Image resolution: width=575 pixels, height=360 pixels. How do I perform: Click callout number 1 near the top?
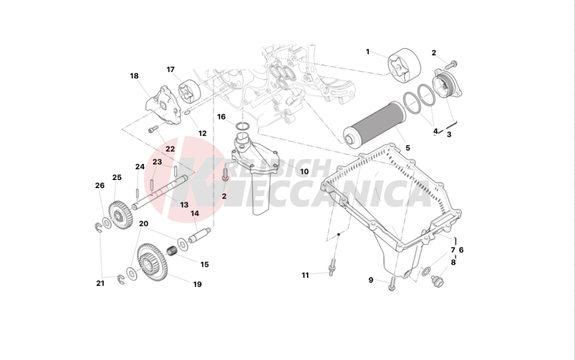click(367, 52)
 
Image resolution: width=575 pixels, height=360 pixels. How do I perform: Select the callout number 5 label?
click(408, 148)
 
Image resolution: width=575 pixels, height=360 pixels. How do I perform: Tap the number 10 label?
click(304, 171)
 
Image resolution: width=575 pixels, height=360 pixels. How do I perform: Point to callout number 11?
click(305, 275)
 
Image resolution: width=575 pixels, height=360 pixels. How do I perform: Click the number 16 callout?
click(221, 117)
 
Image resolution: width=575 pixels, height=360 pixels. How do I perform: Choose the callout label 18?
click(134, 76)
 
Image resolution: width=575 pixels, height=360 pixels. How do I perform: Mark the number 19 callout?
click(197, 284)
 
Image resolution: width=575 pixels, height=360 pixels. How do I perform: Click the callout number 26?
click(99, 185)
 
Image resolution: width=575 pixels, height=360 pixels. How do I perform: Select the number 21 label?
click(100, 284)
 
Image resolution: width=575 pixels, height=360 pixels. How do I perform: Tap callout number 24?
click(140, 167)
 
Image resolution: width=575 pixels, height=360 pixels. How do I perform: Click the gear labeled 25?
click(120, 212)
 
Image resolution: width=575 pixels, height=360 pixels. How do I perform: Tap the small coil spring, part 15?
click(171, 251)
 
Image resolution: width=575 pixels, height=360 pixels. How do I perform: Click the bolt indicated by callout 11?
click(332, 267)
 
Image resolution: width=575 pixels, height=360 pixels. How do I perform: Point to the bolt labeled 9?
click(391, 282)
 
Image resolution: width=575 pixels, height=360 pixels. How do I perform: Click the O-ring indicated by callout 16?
click(243, 125)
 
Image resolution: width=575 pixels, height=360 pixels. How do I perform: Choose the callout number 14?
click(195, 213)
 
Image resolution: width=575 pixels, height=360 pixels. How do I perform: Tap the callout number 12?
click(202, 133)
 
